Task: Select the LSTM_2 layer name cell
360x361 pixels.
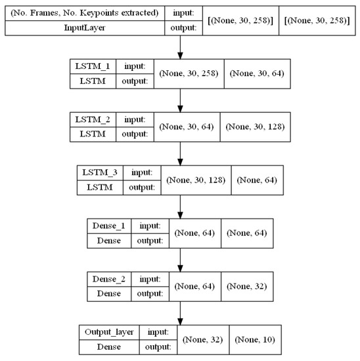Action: (93, 119)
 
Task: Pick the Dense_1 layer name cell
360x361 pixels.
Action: (108, 226)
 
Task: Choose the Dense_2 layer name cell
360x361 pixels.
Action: (108, 279)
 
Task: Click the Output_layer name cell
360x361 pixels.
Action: (104, 332)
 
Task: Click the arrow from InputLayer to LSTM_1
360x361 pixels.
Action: (179, 47)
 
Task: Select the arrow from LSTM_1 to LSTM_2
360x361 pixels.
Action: (179, 100)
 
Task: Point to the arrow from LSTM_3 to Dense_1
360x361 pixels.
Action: (179, 206)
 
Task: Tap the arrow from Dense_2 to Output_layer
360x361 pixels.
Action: (179, 312)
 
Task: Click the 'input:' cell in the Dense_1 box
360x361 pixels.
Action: (148, 226)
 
